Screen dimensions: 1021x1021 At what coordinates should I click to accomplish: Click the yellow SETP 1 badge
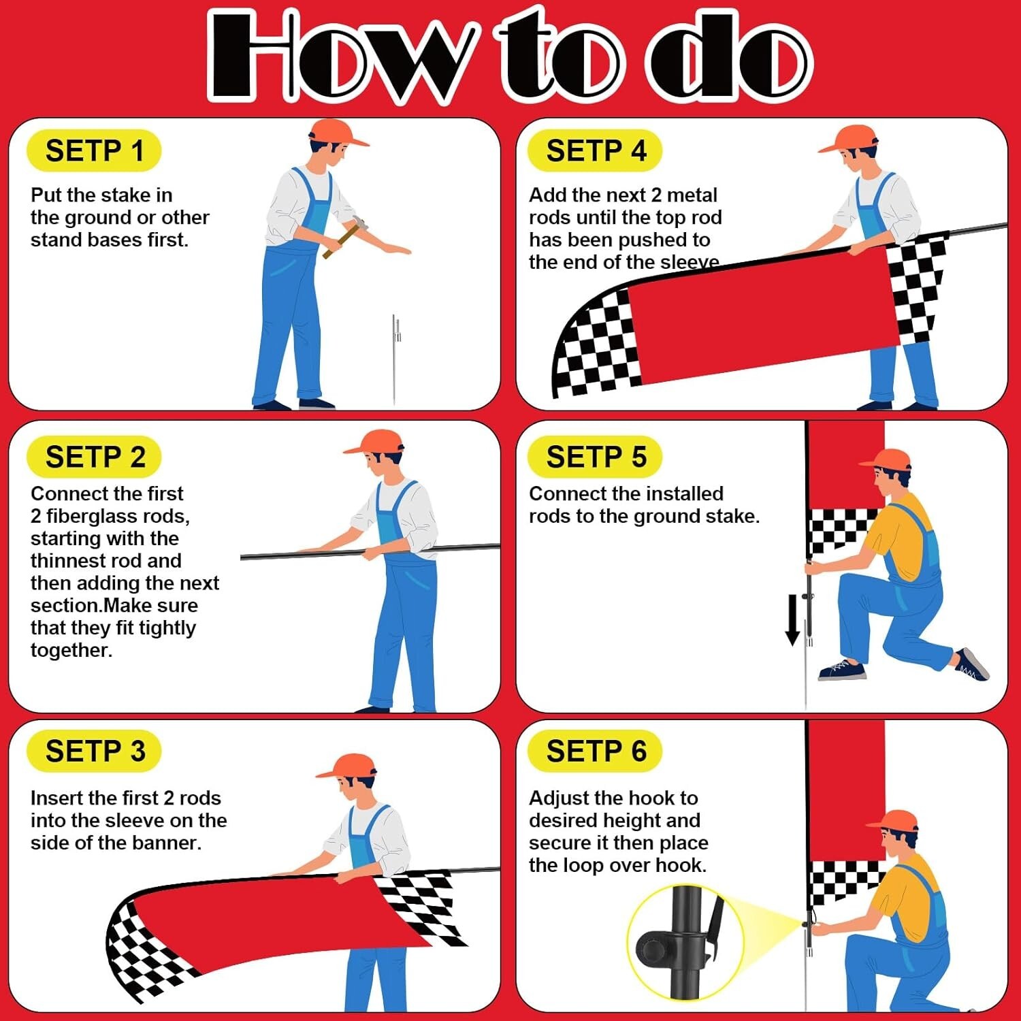point(94,150)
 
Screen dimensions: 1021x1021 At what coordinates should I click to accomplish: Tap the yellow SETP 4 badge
point(595,150)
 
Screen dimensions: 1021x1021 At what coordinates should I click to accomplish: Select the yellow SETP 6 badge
point(595,751)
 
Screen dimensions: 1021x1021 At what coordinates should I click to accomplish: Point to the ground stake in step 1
point(395,359)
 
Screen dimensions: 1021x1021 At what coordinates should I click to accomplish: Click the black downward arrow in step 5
point(792,619)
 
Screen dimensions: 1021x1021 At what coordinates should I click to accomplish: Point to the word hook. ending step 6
point(681,865)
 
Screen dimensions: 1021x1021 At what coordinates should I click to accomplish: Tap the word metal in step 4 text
point(692,195)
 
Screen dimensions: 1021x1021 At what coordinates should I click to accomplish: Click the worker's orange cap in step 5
point(886,459)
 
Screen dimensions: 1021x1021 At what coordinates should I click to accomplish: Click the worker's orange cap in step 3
point(347,766)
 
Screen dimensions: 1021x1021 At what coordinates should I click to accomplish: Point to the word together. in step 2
point(71,651)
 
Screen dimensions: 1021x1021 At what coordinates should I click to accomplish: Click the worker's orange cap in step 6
point(892,820)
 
